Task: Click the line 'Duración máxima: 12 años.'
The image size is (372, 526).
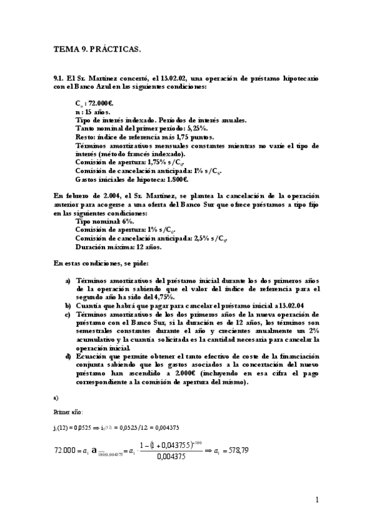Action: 118,246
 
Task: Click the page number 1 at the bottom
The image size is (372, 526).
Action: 317,500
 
